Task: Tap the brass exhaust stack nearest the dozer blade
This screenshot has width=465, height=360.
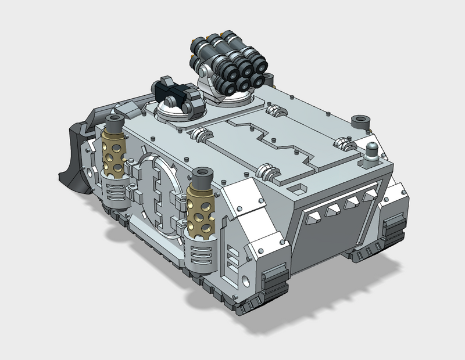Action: tap(115, 149)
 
